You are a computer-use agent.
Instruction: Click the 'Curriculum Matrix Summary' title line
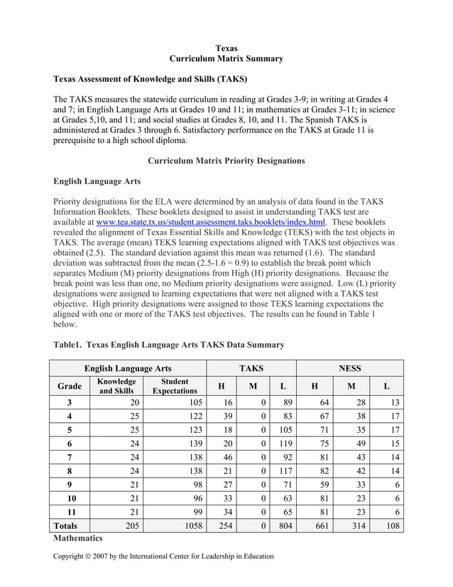click(226, 59)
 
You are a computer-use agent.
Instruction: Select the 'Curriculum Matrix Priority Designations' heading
click(226, 161)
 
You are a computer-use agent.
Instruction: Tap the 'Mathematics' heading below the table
click(78, 539)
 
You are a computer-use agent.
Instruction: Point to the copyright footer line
click(163, 556)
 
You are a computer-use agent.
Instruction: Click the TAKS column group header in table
click(251, 368)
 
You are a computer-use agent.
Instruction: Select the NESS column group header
click(349, 368)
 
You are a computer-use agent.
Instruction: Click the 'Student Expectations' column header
click(175, 386)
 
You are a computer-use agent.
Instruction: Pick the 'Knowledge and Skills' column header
click(116, 386)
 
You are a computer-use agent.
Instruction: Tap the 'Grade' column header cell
click(69, 386)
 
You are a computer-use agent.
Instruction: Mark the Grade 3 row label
click(69, 402)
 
